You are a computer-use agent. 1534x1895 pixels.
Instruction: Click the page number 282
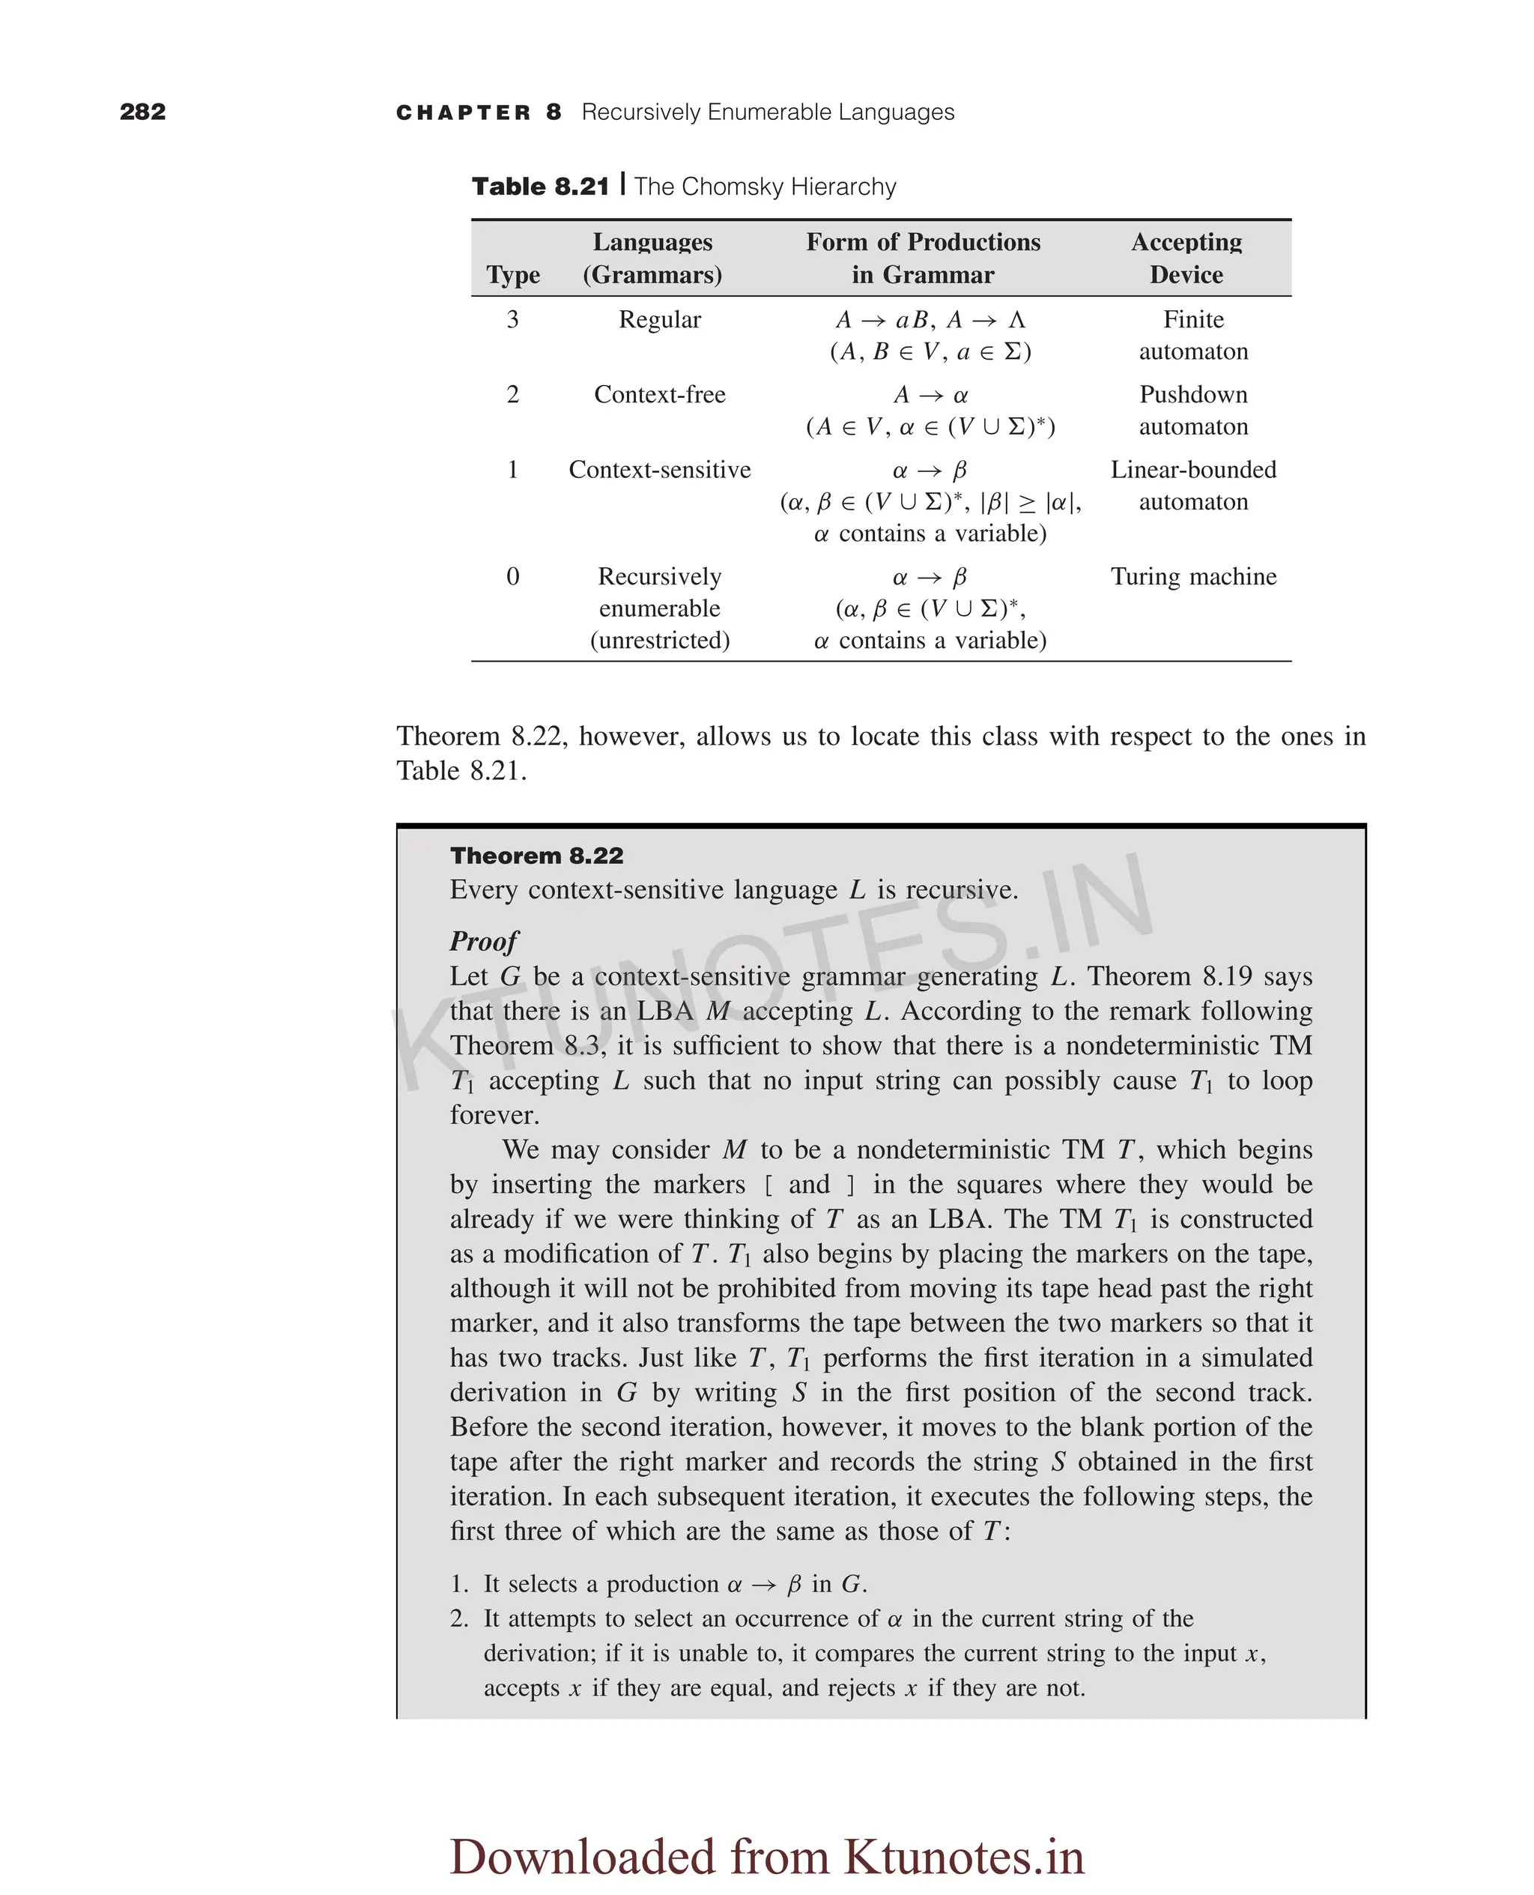click(142, 112)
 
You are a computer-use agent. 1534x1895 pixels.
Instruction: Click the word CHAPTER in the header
click(463, 113)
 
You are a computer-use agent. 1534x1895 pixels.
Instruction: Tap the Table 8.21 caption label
click(540, 187)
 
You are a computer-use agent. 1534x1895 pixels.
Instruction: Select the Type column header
click(512, 275)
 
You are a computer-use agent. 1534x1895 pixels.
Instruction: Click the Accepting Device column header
click(1186, 258)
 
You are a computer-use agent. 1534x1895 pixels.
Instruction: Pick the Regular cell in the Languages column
click(659, 319)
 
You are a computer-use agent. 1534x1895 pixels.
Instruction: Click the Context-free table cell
click(659, 394)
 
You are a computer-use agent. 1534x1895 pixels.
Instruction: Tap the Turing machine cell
click(1193, 576)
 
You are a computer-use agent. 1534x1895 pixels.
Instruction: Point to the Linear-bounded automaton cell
click(1193, 486)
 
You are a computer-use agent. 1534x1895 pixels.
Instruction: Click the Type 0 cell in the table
click(512, 576)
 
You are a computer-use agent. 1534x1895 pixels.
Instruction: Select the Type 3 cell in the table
click(512, 319)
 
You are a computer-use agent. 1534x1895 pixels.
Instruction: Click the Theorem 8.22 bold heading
click(536, 856)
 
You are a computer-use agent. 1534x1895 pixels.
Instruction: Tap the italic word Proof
click(483, 940)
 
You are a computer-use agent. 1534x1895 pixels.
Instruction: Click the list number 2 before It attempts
click(458, 1619)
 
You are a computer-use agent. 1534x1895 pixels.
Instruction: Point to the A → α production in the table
click(930, 394)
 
